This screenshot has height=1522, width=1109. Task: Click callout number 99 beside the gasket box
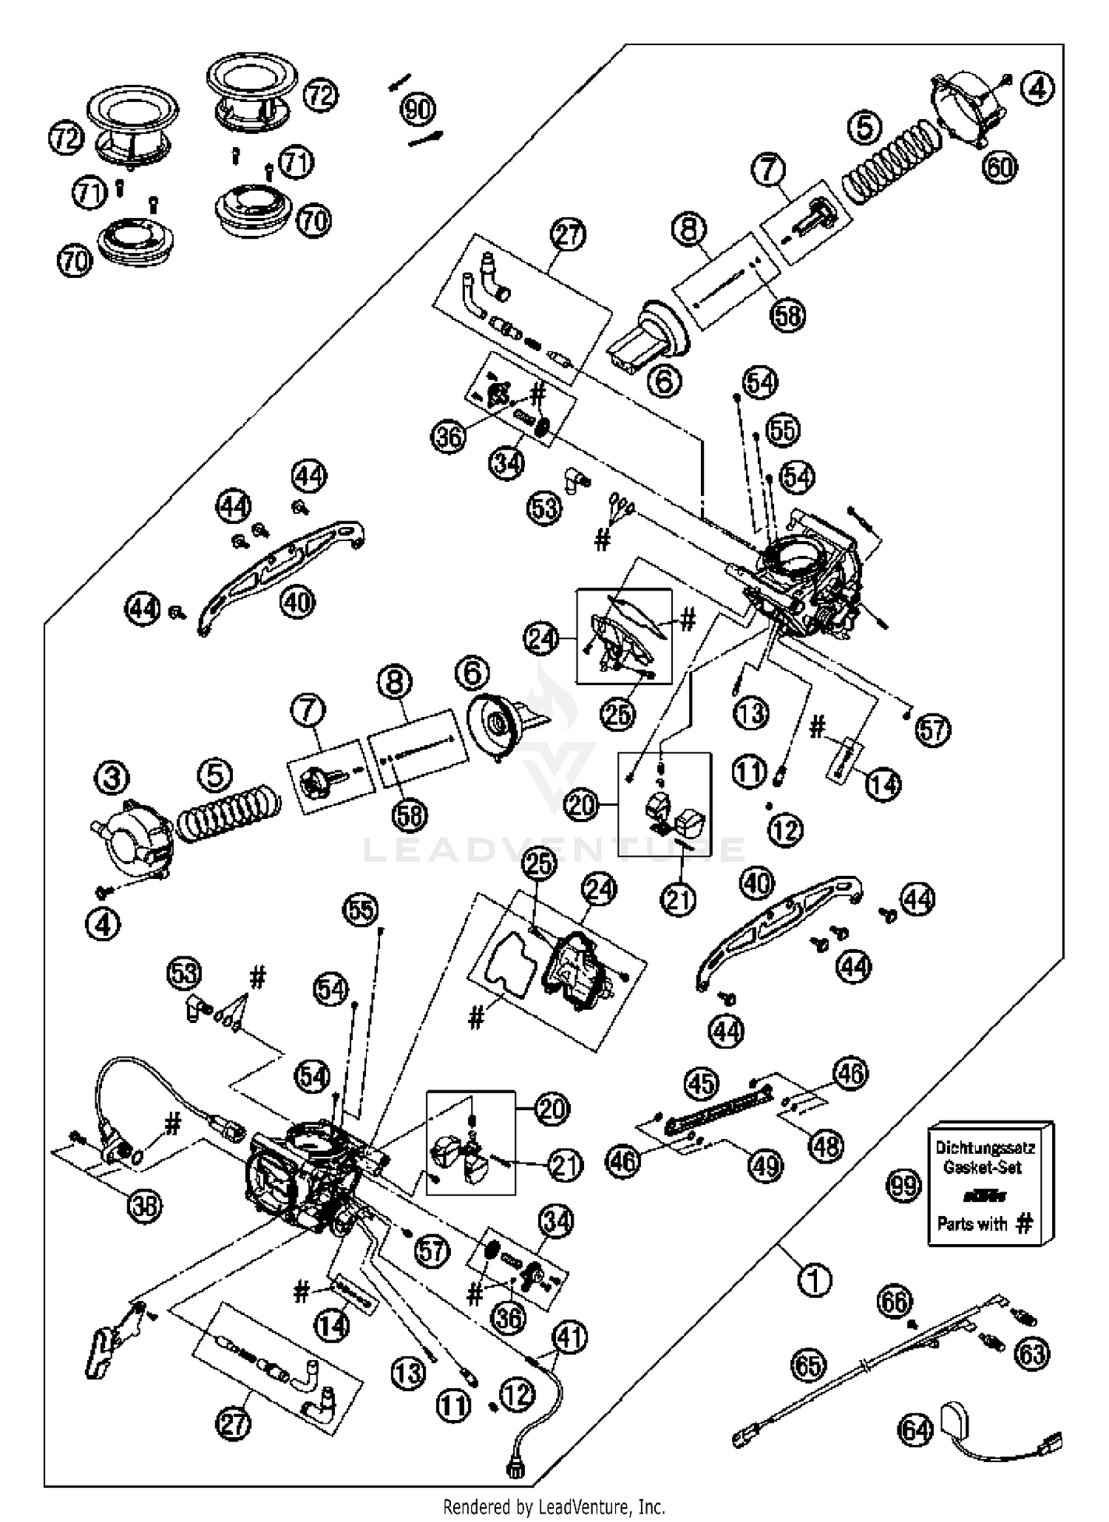(x=903, y=1186)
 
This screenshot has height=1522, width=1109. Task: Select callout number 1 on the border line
(x=815, y=1280)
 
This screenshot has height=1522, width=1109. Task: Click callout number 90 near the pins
(x=418, y=110)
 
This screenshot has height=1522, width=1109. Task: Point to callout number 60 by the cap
(x=999, y=167)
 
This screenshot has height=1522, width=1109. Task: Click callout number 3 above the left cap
(x=112, y=778)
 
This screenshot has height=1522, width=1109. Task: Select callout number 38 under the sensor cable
(x=144, y=1206)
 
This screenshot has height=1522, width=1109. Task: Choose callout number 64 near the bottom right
(x=915, y=1451)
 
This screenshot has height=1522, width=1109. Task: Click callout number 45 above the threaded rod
(x=701, y=1084)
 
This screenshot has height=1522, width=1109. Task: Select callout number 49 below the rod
(x=764, y=1166)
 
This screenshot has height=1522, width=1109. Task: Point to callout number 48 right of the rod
(x=826, y=1146)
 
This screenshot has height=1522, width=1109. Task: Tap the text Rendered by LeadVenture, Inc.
(x=554, y=1506)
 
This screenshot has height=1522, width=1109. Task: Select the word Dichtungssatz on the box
(x=984, y=1148)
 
